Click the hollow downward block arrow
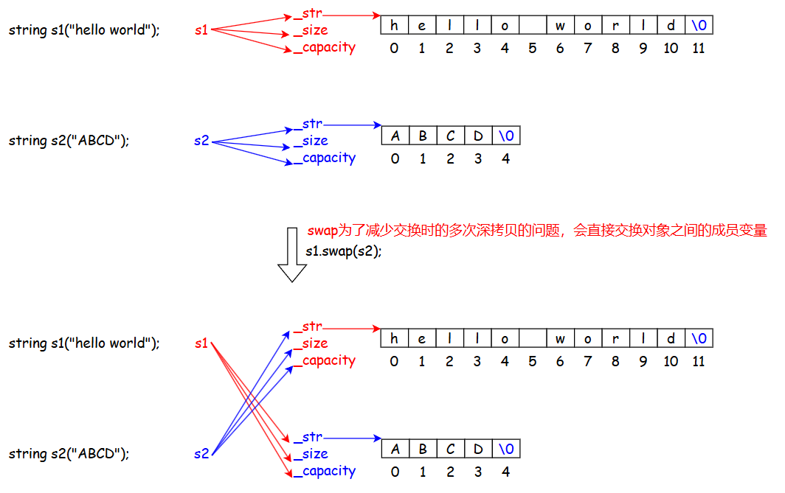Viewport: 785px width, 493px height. pos(292,255)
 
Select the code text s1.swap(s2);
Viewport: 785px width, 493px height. pos(344,250)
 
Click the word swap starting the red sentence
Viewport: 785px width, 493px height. pos(322,231)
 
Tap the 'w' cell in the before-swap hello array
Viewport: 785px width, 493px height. pos(561,26)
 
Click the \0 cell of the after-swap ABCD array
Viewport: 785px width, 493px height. pos(506,449)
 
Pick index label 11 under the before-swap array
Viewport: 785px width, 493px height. pos(699,49)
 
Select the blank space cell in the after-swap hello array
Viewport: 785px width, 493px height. pos(533,339)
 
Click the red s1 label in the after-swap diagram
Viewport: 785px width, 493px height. pos(201,343)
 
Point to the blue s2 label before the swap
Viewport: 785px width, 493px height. pos(201,141)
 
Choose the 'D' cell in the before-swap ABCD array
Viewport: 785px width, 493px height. pos(478,136)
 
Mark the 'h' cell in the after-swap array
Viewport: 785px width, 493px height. pos(395,339)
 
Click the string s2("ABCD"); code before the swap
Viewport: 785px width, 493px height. pos(69,141)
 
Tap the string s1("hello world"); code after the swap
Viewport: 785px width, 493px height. pos(84,343)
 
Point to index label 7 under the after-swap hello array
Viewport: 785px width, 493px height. pos(588,362)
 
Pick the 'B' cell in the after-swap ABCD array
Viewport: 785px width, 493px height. pos(423,449)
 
